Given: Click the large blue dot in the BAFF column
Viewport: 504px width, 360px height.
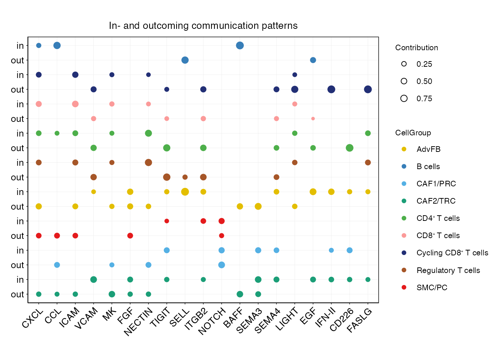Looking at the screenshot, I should [240, 45].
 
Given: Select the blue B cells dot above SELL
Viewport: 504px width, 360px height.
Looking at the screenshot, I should [185, 60].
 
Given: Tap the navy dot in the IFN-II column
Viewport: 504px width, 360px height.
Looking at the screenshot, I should [331, 89].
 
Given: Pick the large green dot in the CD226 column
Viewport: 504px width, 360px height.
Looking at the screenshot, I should [349, 148].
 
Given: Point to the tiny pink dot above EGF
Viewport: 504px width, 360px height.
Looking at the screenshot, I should [313, 118].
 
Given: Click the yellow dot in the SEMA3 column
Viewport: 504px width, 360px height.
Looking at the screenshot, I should [258, 206].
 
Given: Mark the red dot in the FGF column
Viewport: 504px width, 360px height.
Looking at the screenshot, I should [130, 235].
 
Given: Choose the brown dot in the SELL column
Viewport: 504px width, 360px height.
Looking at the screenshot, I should [185, 177].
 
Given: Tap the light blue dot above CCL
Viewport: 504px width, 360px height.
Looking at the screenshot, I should [57, 265].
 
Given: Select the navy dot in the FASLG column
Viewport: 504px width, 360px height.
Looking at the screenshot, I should [368, 89].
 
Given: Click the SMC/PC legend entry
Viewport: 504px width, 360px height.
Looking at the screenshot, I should [432, 288].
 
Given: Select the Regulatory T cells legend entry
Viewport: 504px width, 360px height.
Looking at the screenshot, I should [448, 270].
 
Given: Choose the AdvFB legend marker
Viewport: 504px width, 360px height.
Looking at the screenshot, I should [404, 149].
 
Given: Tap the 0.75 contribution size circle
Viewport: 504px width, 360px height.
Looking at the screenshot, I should [404, 99].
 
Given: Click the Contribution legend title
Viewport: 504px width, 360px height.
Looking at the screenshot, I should [416, 48].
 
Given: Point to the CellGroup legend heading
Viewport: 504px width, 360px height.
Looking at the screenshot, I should [413, 133].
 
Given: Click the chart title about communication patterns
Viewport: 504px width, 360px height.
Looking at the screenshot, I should [203, 25].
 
